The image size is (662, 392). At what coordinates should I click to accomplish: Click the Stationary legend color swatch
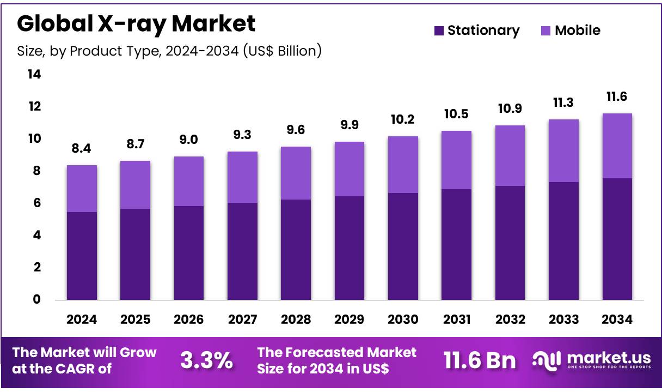coord(439,31)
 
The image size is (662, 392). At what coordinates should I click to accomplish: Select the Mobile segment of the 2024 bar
coord(82,188)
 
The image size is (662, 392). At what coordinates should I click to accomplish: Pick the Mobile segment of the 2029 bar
coord(350,169)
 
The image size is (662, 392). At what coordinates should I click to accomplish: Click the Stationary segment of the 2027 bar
coord(242,251)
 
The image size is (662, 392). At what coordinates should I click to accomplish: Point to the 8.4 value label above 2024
coord(82,148)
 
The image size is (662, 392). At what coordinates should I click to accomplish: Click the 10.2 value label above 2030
coord(403,119)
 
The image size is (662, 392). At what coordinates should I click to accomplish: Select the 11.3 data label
coord(564,102)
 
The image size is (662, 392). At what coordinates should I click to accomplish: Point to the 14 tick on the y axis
coord(34,74)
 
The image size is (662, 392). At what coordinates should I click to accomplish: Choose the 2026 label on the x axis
coord(188,319)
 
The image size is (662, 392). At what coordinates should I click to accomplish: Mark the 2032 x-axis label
coord(510,319)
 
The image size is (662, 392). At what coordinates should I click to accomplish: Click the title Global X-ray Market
coord(136,23)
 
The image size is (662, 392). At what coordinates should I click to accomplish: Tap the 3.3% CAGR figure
coord(206,360)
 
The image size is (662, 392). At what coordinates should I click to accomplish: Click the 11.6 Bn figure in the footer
coord(479,360)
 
